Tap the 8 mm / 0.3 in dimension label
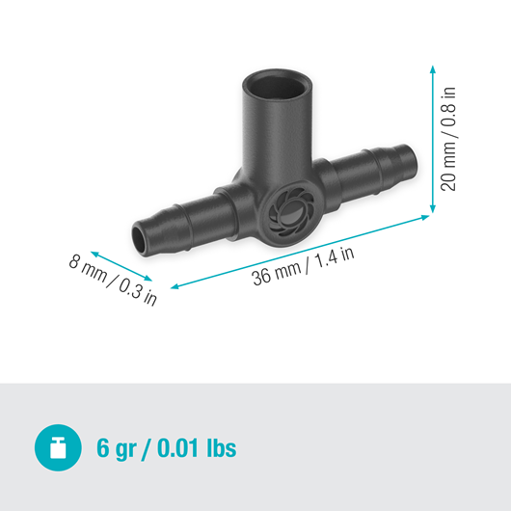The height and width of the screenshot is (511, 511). click(x=112, y=280)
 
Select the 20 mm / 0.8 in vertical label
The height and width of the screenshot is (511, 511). click(x=449, y=139)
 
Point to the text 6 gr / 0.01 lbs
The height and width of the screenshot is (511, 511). click(x=166, y=448)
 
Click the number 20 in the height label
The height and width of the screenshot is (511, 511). click(x=449, y=180)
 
